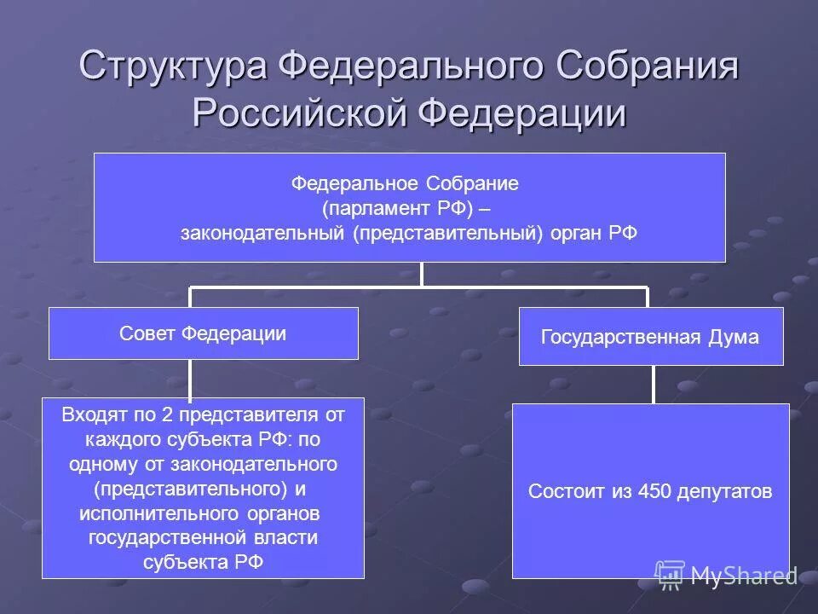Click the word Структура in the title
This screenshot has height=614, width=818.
click(174, 67)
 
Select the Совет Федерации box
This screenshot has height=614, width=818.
click(203, 333)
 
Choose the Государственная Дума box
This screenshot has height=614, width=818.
click(650, 337)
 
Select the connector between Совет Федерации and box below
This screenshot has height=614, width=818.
click(190, 379)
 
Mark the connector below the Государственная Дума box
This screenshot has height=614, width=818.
click(653, 384)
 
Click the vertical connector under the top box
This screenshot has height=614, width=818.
click(422, 274)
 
